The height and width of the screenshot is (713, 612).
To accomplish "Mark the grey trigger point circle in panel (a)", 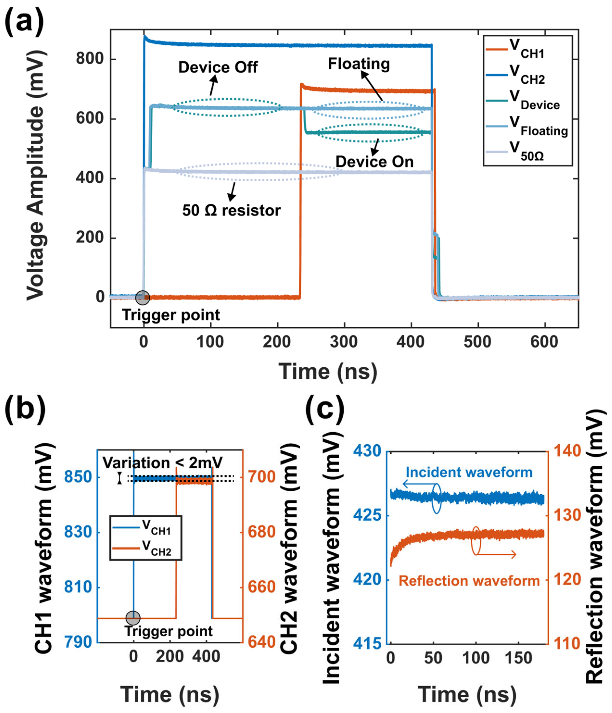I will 143,298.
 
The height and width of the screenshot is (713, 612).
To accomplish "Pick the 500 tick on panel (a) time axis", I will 477,342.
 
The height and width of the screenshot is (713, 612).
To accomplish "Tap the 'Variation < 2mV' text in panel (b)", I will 163,463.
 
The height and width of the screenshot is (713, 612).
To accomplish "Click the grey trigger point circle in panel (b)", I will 133,618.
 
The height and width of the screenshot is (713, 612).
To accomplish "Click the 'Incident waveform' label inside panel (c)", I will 469,472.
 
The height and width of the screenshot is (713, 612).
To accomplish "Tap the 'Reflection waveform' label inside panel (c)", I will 469,581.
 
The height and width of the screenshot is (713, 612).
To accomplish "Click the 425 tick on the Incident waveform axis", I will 367,515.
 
